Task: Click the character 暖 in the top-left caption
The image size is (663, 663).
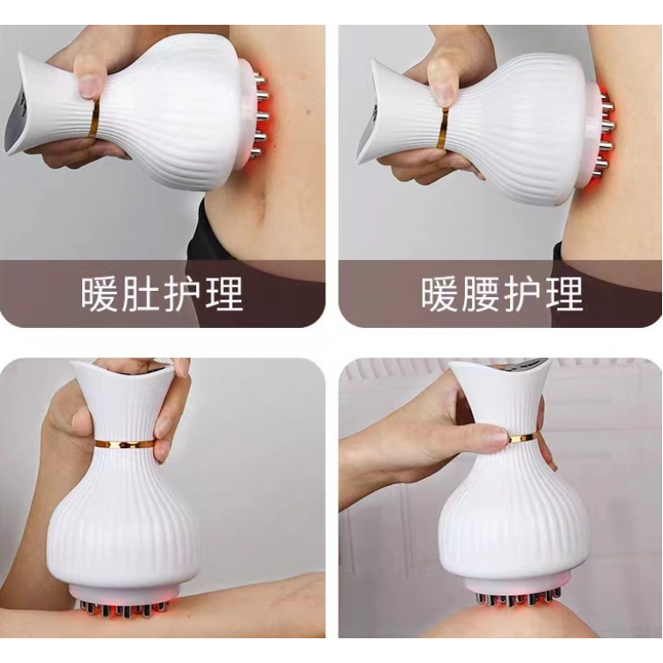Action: coord(99,293)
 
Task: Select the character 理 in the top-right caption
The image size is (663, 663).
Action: coord(565,293)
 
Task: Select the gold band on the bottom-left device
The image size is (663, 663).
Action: coord(124,444)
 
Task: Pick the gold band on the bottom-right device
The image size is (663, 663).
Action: coord(523,438)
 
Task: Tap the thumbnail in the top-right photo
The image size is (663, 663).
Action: coord(441,88)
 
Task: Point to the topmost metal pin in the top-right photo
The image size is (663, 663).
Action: coord(608,102)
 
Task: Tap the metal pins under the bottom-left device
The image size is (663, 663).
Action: coord(123,608)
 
